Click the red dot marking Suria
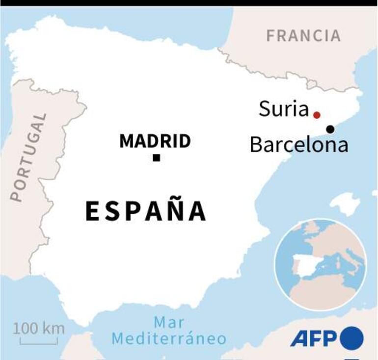point(317,115)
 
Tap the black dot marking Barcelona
point(330,129)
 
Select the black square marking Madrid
point(156,157)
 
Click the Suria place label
point(283,109)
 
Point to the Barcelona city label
point(298,145)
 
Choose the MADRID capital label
point(155,141)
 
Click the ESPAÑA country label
point(146,211)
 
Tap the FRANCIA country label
point(303,35)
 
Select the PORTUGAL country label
point(28,157)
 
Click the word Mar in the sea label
point(169,322)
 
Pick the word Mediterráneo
point(169,338)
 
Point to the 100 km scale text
point(39,328)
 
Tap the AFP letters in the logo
point(313,338)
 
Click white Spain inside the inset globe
point(305,265)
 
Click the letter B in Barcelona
point(256,145)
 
